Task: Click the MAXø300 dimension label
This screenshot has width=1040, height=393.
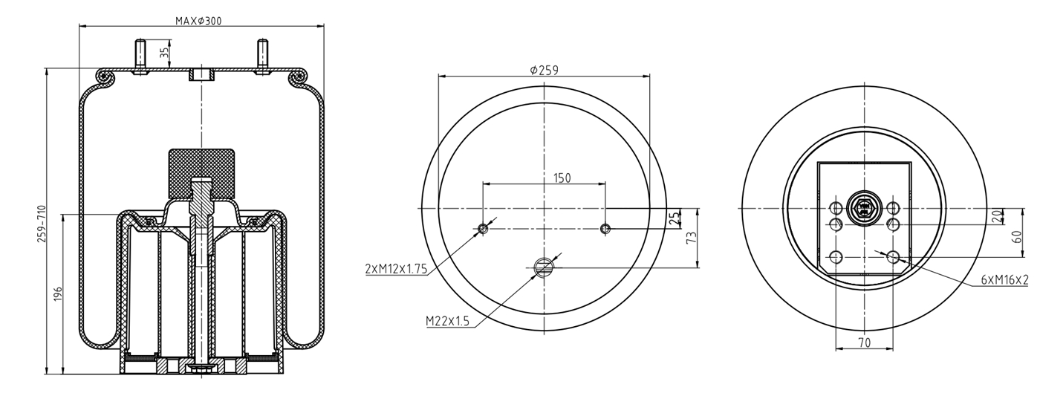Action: pos(198,21)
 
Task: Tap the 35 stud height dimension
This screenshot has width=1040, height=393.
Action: pos(164,52)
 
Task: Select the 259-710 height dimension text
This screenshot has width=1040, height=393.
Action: pos(42,224)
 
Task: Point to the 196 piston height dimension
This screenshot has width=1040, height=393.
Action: pos(58,294)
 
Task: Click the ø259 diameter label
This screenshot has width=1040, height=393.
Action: pos(544,70)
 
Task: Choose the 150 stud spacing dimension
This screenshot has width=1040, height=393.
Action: pos(562,178)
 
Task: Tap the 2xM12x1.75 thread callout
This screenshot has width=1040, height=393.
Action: pos(396,269)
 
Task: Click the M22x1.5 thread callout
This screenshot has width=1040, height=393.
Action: pos(447,321)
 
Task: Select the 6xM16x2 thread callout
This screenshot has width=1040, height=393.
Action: pos(1004,279)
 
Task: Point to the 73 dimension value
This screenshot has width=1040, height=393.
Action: pos(692,238)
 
